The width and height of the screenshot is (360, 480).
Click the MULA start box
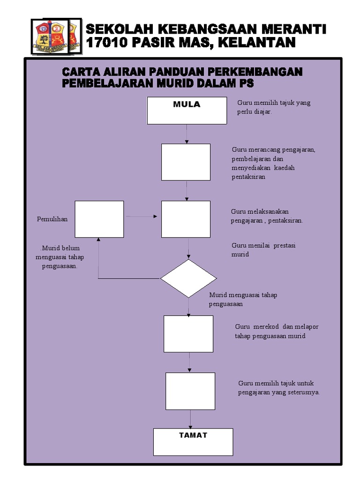tap(187, 111)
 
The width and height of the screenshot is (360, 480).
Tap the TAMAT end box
tap(193, 442)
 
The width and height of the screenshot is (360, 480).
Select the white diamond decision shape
tap(188, 278)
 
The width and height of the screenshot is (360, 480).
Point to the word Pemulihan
tap(52, 219)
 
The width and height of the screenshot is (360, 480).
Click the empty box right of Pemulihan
tap(99, 219)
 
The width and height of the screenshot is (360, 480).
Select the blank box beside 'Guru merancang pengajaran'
tap(186, 162)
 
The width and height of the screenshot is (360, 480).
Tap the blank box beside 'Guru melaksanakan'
tap(186, 219)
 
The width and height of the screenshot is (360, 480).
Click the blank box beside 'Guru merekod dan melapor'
tap(188, 334)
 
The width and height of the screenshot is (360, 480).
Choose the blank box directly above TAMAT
tap(190, 391)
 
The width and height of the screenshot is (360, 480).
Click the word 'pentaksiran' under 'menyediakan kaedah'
tap(248, 177)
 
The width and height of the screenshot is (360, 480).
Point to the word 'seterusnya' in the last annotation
tap(304, 392)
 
